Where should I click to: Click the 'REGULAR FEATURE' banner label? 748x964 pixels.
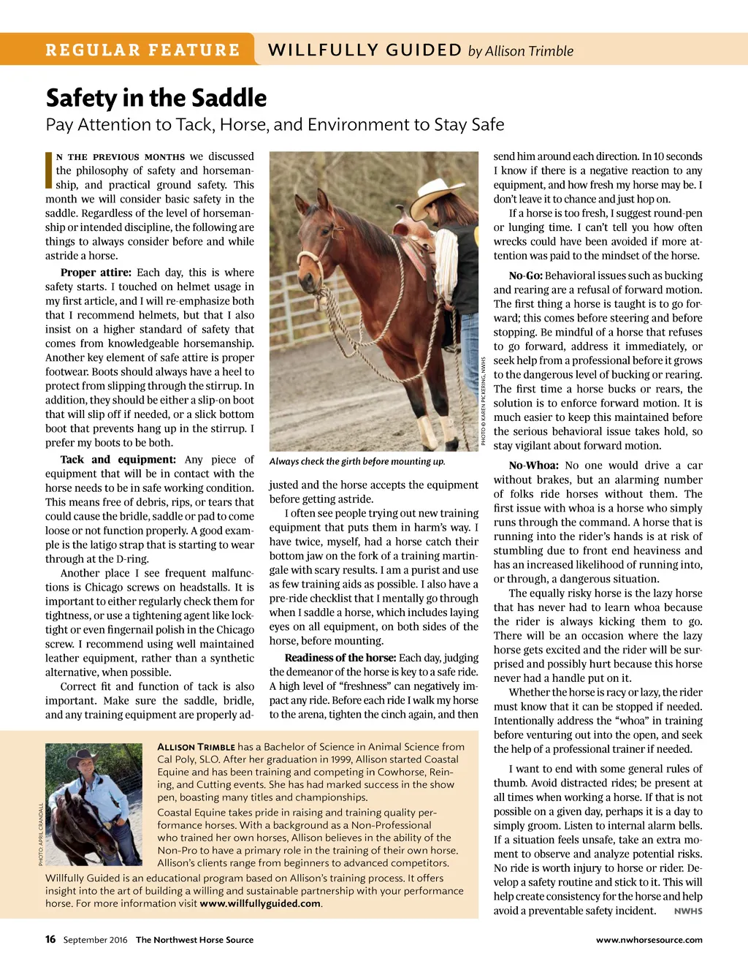coord(142,50)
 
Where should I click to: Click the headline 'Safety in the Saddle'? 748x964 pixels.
coord(156,98)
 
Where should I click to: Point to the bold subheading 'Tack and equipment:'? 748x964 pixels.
coord(118,460)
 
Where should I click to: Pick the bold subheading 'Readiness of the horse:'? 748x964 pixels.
coord(340,658)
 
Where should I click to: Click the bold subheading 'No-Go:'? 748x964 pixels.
coord(525,276)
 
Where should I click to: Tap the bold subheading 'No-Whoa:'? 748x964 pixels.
coord(533,466)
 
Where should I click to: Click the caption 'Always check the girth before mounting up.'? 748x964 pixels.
coord(357,461)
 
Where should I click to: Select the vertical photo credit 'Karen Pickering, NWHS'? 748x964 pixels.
coord(484,401)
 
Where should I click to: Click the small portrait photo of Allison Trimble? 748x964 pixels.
coord(93,804)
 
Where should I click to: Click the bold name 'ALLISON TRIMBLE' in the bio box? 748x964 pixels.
coord(196,747)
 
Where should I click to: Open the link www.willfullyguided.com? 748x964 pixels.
coord(260,903)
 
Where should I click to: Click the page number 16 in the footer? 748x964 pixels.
coord(50,939)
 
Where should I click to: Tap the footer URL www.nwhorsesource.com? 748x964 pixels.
coord(649,940)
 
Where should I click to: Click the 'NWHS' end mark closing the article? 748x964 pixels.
coord(688,911)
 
